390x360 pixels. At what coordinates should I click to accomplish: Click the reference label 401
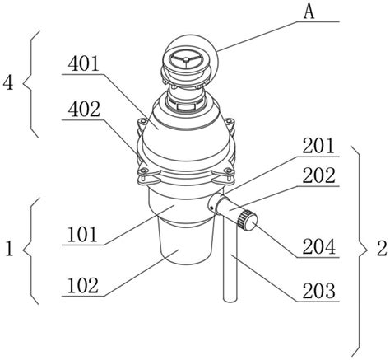click(83, 64)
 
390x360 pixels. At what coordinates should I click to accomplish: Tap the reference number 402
click(84, 110)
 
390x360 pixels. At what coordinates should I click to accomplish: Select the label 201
click(318, 146)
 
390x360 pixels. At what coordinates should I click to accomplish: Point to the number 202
click(318, 175)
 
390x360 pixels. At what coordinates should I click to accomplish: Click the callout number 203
click(318, 292)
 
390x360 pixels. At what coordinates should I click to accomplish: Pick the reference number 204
click(318, 246)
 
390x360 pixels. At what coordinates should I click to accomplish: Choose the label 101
click(82, 235)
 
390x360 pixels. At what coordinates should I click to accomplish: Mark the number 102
click(83, 286)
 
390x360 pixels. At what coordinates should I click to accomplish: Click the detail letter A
click(309, 12)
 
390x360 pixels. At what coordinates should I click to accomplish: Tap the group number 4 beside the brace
click(8, 83)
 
